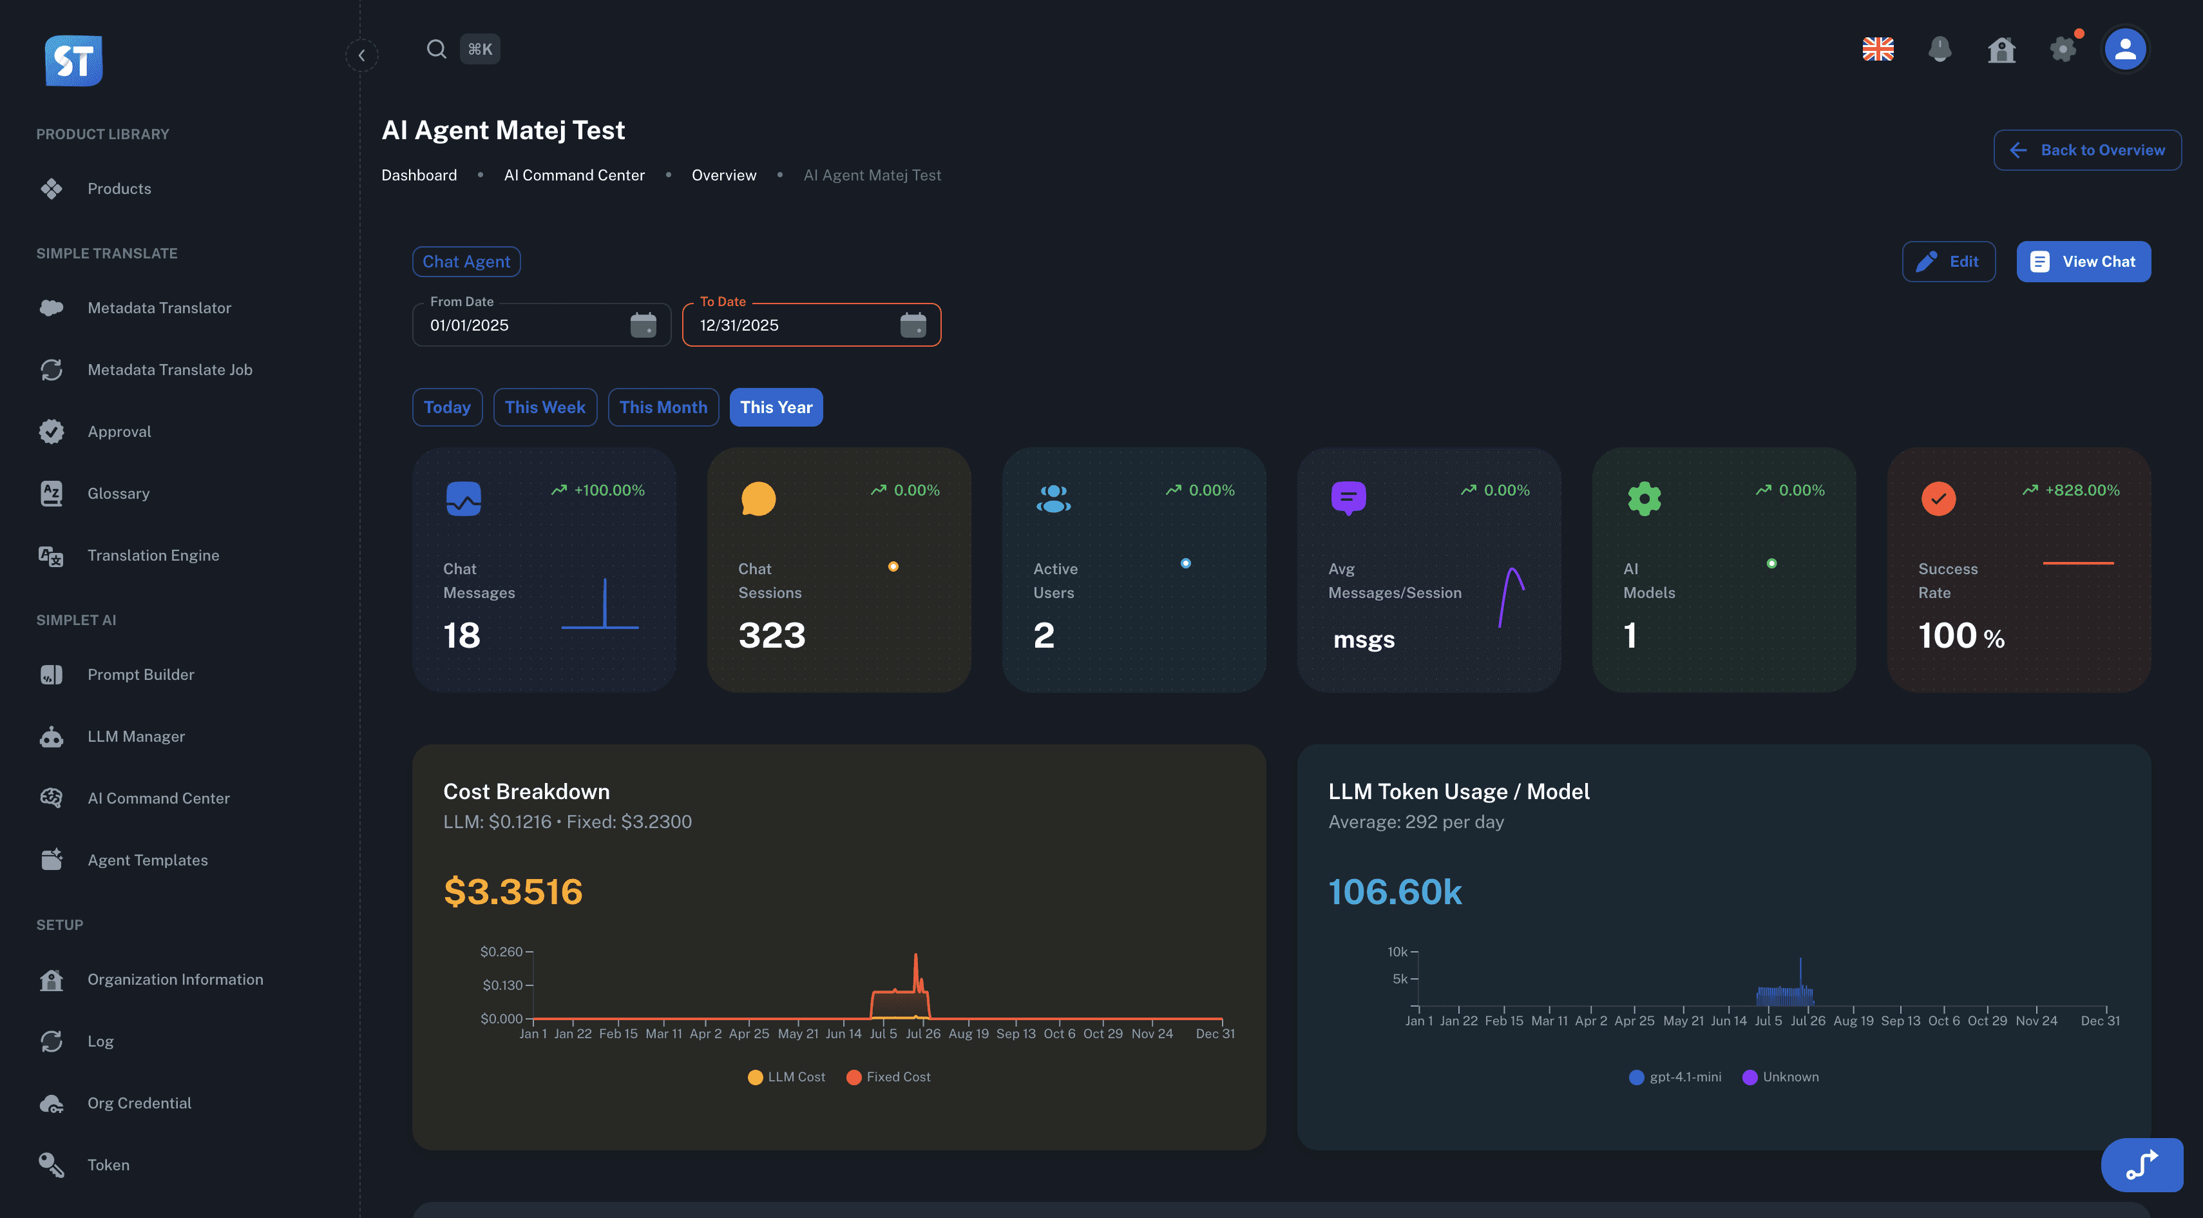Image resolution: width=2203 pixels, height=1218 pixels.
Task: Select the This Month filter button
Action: click(663, 407)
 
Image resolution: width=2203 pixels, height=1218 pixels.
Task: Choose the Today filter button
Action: click(446, 407)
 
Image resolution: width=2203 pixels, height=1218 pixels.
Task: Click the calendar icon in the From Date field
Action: click(643, 325)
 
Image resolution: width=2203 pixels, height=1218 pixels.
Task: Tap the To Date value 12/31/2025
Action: click(739, 325)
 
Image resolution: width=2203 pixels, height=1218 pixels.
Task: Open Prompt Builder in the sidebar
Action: click(140, 674)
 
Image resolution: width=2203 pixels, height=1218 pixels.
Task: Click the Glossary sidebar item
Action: click(118, 494)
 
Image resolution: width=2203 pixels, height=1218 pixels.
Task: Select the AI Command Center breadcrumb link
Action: click(574, 175)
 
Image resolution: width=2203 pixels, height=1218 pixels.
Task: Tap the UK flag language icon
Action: click(1878, 50)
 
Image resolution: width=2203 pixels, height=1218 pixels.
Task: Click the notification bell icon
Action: click(1940, 50)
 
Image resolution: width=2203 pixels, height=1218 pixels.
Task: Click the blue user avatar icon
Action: click(2125, 50)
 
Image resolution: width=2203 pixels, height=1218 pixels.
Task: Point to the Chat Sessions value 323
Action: click(772, 635)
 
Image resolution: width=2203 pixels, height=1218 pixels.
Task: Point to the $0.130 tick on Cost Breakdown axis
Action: click(502, 985)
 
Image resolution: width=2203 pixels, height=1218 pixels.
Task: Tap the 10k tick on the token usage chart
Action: click(1397, 952)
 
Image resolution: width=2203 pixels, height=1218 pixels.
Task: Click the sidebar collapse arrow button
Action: click(362, 55)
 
